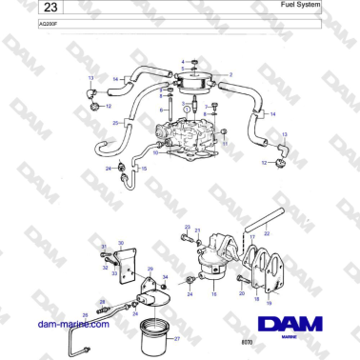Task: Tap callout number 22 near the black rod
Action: point(267,233)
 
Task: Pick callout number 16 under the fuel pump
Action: point(214,296)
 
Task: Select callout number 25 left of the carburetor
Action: point(115,123)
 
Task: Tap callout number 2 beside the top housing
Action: point(230,73)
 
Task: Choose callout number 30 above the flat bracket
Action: point(121,243)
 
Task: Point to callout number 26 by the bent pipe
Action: point(84,314)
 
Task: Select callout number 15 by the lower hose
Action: point(144,168)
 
